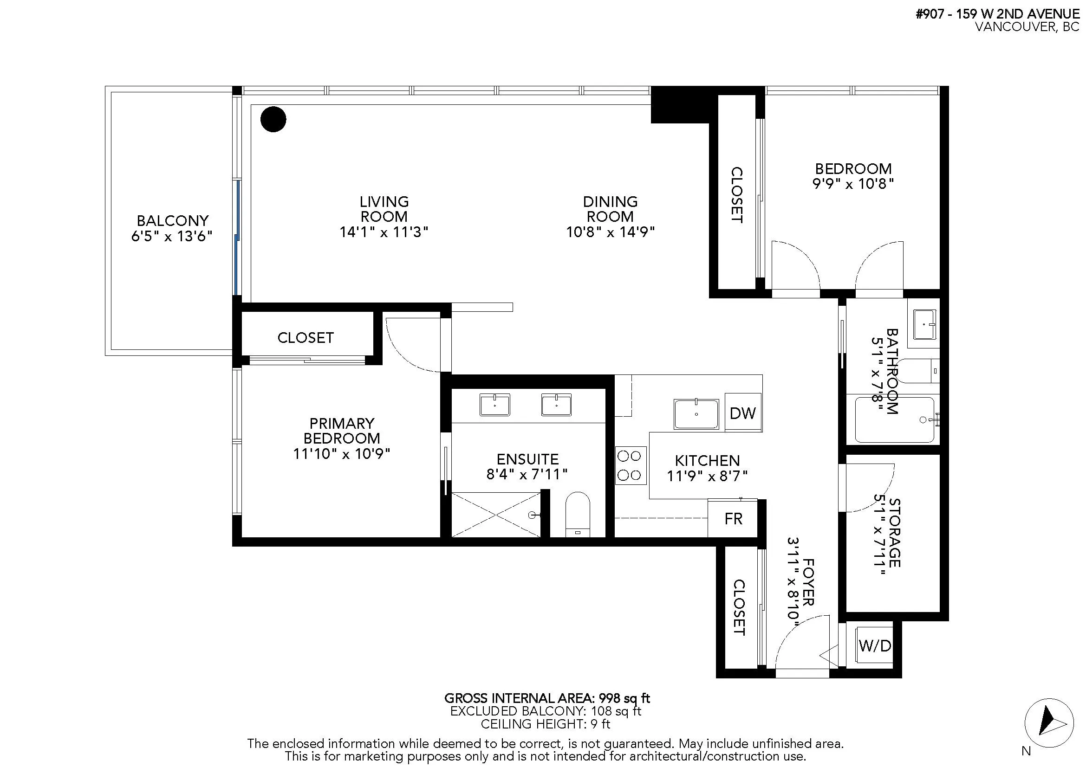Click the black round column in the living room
pos(273,119)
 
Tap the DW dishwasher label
pos(742,413)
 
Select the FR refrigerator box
pos(733,518)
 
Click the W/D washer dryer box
pos(875,645)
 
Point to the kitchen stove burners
pos(631,465)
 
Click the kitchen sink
pos(696,414)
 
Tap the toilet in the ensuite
pos(578,515)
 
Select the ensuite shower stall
pos(496,514)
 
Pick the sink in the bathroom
pos(925,325)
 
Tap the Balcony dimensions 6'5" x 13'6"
pos(172,236)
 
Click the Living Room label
pos(384,209)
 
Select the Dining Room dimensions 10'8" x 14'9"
pos(610,232)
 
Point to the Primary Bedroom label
pos(342,431)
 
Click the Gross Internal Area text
pos(547,698)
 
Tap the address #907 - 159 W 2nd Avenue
pos(997,14)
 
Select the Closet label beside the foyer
pos(739,608)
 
